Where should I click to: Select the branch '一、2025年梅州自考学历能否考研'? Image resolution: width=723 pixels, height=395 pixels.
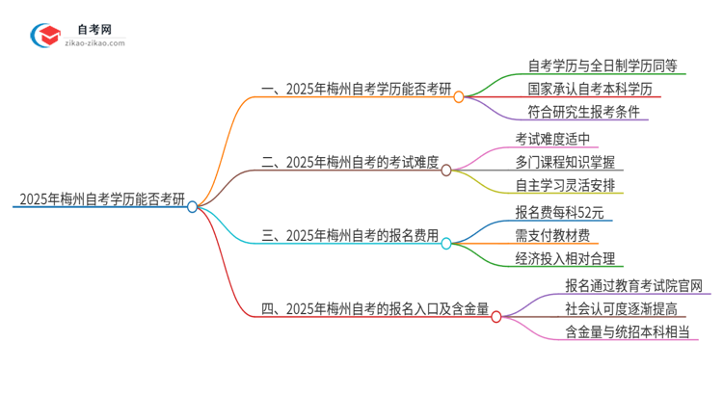click(x=357, y=90)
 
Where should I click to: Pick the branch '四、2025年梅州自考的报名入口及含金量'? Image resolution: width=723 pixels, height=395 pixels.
click(x=375, y=308)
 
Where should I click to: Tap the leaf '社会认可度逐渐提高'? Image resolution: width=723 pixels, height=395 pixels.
click(x=628, y=308)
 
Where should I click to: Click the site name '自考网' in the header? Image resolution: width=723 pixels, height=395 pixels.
click(x=96, y=28)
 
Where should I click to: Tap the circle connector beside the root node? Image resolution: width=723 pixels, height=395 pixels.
click(x=193, y=206)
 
